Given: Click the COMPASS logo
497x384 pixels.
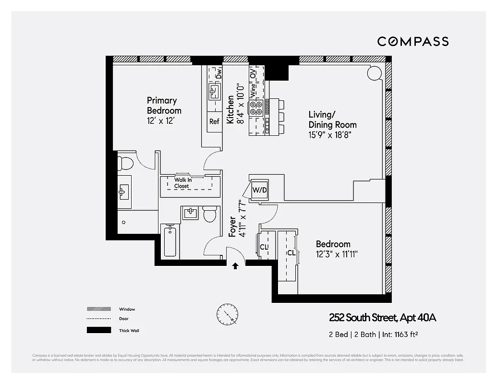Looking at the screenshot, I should pyautogui.click(x=412, y=41).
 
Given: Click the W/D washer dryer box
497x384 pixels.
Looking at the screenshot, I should pyautogui.click(x=260, y=190).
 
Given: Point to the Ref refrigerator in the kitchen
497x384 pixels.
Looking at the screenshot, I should pyautogui.click(x=214, y=121).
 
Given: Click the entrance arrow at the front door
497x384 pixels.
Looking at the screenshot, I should pyautogui.click(x=235, y=266).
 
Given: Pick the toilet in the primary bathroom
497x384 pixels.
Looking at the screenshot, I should pyautogui.click(x=126, y=163).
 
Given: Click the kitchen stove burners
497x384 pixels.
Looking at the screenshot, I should pyautogui.click(x=255, y=107).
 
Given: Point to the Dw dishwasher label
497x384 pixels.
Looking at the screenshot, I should pyautogui.click(x=218, y=74).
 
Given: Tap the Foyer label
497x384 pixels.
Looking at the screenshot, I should pyautogui.click(x=232, y=226).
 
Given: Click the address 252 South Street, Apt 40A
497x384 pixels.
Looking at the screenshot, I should pyautogui.click(x=382, y=317).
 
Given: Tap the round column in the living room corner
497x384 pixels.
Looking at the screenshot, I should pyautogui.click(x=374, y=72).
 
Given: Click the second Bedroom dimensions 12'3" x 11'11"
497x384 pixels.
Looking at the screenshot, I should pyautogui.click(x=337, y=253).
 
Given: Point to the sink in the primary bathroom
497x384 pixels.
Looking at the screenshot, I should pyautogui.click(x=124, y=192).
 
